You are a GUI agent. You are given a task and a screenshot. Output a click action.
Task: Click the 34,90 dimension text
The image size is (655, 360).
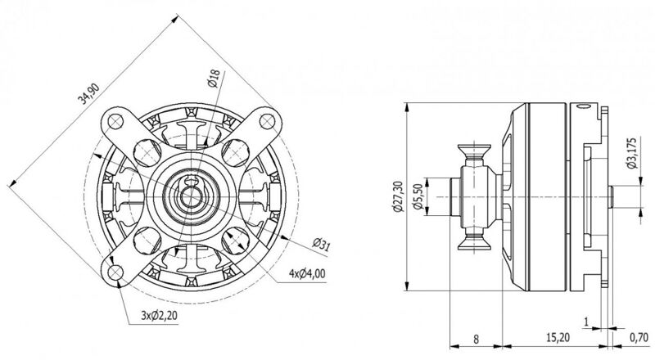click(x=88, y=93)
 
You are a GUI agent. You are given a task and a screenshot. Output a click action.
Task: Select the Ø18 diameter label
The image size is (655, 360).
click(x=214, y=79)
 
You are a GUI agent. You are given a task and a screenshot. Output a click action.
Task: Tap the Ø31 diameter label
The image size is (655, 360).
click(x=321, y=245)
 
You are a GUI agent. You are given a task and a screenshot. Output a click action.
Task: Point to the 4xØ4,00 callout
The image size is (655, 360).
click(x=307, y=273)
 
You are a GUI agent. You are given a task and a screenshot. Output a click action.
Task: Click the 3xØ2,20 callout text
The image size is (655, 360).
click(x=159, y=315)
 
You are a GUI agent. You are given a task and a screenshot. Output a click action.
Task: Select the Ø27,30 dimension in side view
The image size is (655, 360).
click(x=398, y=196)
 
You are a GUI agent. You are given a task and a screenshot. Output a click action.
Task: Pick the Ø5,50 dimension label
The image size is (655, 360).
click(x=418, y=197)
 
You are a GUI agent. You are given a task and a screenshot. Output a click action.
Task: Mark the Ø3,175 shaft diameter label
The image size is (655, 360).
click(x=631, y=153)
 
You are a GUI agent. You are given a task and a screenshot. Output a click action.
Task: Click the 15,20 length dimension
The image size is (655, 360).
click(x=558, y=336)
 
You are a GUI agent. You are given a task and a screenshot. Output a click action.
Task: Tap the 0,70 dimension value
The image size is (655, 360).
click(x=639, y=336)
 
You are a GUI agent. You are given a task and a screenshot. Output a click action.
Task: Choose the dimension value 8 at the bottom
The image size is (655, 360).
click(x=476, y=339)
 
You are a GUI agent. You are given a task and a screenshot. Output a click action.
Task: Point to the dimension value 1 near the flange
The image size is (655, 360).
click(x=586, y=322)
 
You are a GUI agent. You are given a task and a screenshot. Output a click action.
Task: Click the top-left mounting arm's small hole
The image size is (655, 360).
click(x=115, y=122)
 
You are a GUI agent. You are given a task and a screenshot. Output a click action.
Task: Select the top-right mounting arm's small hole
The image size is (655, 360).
click(x=268, y=121)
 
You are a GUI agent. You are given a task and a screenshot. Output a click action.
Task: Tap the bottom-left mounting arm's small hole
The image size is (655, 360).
click(x=115, y=272)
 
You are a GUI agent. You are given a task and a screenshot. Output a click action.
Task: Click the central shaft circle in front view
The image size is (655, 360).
click(x=191, y=196)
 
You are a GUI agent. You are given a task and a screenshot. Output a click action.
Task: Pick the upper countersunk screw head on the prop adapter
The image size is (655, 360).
click(x=474, y=154)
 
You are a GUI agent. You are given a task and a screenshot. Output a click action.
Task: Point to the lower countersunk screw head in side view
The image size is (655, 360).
click(x=474, y=241)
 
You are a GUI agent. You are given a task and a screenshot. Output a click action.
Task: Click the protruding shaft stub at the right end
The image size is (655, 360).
click(x=610, y=196)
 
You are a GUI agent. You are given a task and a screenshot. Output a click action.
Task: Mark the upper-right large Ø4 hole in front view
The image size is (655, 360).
click(x=235, y=153)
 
